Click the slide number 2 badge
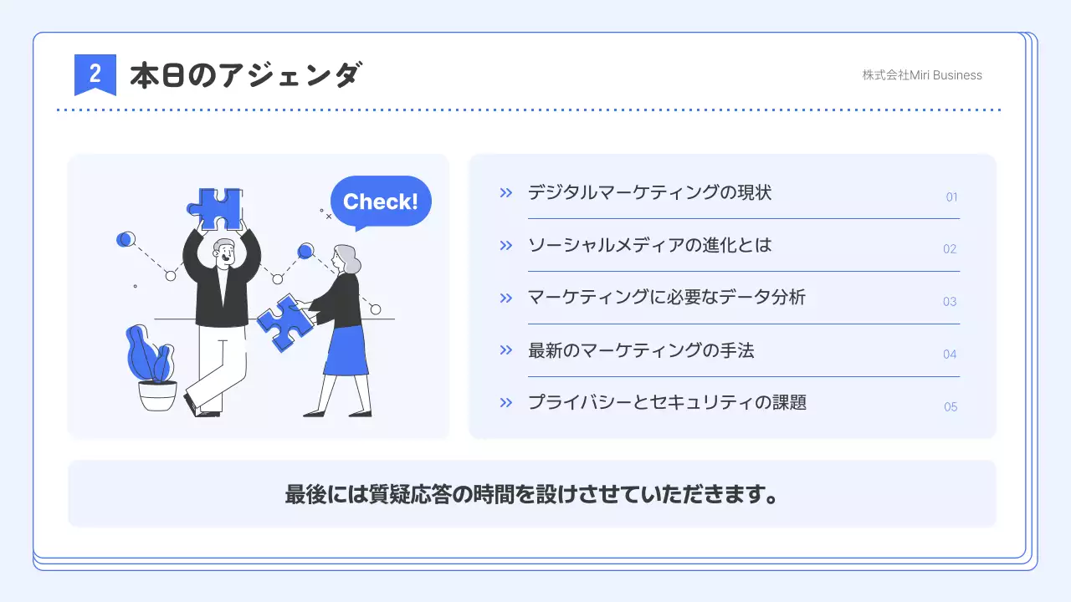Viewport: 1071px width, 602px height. click(x=95, y=74)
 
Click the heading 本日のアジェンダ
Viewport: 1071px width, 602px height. click(x=245, y=75)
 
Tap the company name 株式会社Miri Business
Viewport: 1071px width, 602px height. click(x=922, y=75)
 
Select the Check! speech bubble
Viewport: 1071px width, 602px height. click(x=381, y=202)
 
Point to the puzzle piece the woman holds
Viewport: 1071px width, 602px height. click(x=284, y=322)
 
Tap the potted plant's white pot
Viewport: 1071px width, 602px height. click(x=157, y=395)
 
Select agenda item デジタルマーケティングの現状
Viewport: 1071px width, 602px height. click(x=649, y=193)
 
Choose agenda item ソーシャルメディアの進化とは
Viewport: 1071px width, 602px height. click(x=649, y=245)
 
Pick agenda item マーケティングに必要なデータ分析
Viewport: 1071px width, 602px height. click(x=666, y=298)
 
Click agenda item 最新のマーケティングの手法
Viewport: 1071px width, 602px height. click(x=641, y=350)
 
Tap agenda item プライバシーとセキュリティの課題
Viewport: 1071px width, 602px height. click(x=667, y=402)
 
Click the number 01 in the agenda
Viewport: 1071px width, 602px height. click(x=951, y=197)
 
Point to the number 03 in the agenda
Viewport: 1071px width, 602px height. click(x=950, y=302)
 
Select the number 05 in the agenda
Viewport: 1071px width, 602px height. click(x=951, y=407)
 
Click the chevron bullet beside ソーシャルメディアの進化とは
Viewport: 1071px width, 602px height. click(x=505, y=245)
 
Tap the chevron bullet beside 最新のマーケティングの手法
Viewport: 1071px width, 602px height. click(x=505, y=350)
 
